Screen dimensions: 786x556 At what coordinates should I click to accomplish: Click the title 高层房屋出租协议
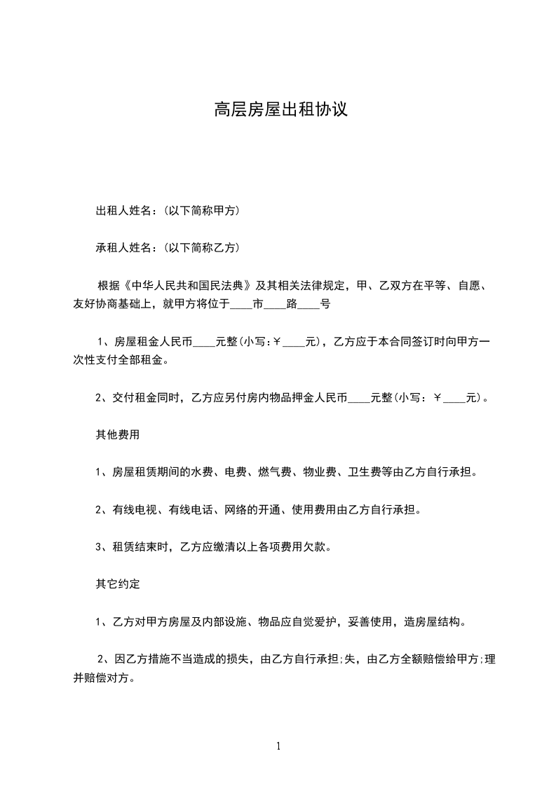(280, 110)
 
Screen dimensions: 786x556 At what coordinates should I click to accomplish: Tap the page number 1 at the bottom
(278, 747)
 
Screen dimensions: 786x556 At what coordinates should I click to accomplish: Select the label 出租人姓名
(123, 211)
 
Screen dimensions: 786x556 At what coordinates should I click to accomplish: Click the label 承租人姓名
(123, 247)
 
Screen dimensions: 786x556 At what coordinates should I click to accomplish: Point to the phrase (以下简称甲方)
(203, 211)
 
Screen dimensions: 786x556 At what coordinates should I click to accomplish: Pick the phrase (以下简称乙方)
(203, 247)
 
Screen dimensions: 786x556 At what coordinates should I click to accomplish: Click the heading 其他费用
(118, 434)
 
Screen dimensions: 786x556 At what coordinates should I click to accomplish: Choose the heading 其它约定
(118, 583)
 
